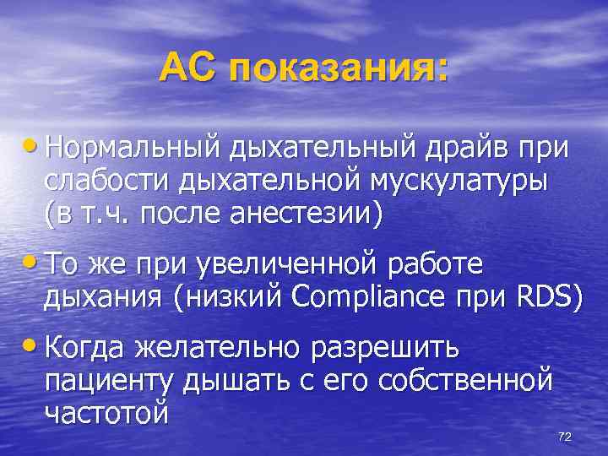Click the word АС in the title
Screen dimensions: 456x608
pos(190,67)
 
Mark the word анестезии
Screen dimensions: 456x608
pos(312,212)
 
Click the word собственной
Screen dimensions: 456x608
pos(466,379)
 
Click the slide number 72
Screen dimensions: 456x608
pos(565,436)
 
